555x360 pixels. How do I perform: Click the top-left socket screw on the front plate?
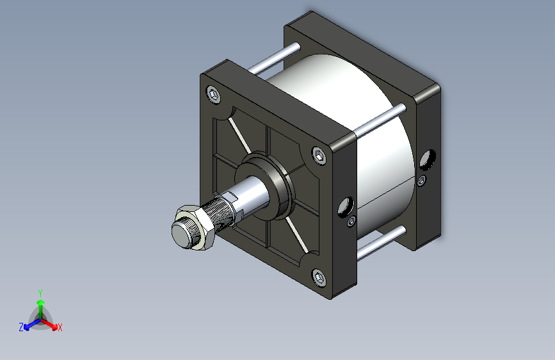(x=213, y=95)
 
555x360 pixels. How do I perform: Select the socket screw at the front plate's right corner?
(x=319, y=156)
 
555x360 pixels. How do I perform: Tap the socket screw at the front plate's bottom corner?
(x=319, y=278)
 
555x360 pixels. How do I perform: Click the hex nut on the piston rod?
(x=195, y=227)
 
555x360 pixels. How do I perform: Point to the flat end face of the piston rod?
(x=182, y=234)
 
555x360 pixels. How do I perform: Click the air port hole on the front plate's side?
(x=346, y=206)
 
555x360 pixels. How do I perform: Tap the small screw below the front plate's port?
(x=351, y=222)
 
